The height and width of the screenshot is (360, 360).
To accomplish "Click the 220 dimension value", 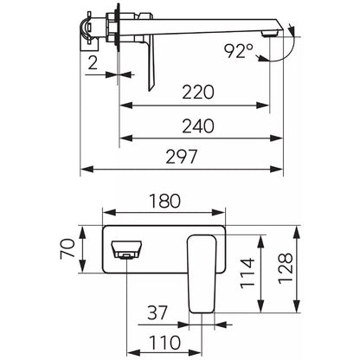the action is pyautogui.click(x=198, y=92).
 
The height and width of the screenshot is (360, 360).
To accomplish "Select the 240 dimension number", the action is pyautogui.click(x=198, y=126).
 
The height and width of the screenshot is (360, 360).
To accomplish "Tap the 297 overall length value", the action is pyautogui.click(x=182, y=157).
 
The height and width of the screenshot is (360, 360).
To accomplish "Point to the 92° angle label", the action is pyautogui.click(x=239, y=51).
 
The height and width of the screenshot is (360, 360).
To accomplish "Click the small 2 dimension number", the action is pyautogui.click(x=93, y=63).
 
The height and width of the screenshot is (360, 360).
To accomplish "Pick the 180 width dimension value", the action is pyautogui.click(x=164, y=201).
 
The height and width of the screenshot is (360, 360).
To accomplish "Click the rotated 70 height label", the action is pyautogui.click(x=67, y=249).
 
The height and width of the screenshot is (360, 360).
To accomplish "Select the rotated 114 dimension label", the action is pyautogui.click(x=247, y=273).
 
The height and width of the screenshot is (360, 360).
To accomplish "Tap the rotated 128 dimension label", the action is pyautogui.click(x=286, y=268).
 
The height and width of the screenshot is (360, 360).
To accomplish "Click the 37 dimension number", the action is pyautogui.click(x=157, y=312).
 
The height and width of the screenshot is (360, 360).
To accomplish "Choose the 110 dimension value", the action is pyautogui.click(x=164, y=343).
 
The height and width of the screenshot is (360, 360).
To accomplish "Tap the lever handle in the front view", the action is pyautogui.click(x=202, y=273).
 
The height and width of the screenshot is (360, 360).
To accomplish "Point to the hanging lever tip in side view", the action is pyautogui.click(x=151, y=87).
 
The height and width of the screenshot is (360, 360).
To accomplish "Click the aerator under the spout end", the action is pyautogui.click(x=268, y=34).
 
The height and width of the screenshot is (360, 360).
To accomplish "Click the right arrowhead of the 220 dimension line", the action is pyautogui.click(x=263, y=106).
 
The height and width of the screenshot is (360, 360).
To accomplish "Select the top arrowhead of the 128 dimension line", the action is pyautogui.click(x=297, y=232).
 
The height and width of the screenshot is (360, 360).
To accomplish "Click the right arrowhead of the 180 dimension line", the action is pyautogui.click(x=218, y=213).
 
